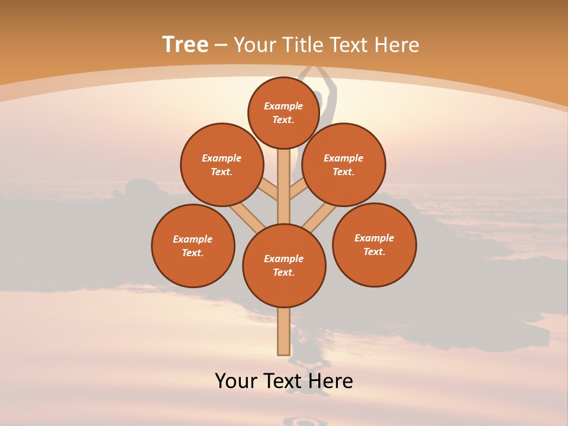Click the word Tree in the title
coord(185,45)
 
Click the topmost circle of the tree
coord(283,112)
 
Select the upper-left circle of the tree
coord(222,164)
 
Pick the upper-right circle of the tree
coord(344,164)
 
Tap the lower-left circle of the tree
coord(193,246)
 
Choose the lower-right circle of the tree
coord(374,244)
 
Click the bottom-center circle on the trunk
coord(284,265)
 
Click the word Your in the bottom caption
coord(235,381)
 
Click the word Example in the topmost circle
coord(283,106)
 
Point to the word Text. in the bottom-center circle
coord(283,272)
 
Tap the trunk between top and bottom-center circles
coord(283,186)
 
